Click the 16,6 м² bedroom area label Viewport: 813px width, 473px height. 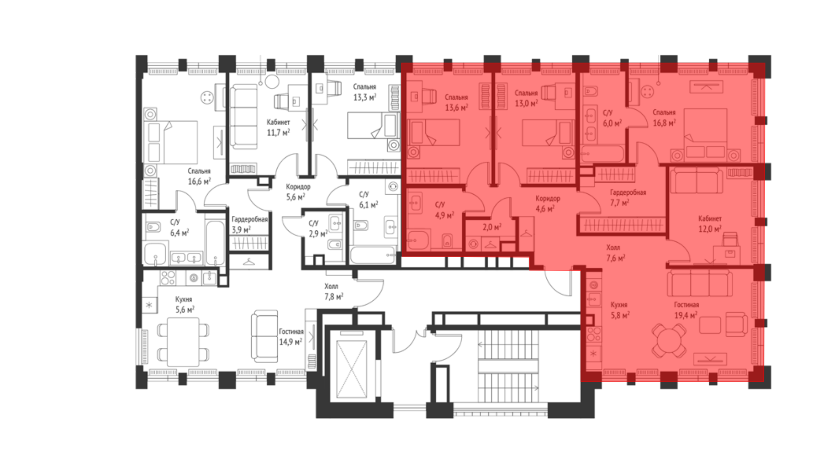(x=199, y=181)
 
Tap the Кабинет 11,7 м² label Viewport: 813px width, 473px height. (x=278, y=127)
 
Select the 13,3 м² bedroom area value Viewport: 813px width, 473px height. (x=365, y=97)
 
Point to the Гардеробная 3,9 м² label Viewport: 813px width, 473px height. (x=250, y=224)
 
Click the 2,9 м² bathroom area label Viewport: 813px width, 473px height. (x=318, y=234)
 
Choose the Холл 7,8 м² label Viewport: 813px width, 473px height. (x=334, y=291)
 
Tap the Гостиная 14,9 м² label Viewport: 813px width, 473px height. (x=291, y=336)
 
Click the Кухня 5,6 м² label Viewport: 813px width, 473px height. (x=185, y=304)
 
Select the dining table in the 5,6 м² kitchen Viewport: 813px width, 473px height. (x=183, y=342)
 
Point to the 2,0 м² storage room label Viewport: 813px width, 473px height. (x=492, y=227)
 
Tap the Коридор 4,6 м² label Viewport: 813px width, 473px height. (x=547, y=204)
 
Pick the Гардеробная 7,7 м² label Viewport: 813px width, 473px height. (x=628, y=197)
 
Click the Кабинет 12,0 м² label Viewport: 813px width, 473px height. (x=710, y=224)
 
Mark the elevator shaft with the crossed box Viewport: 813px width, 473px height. (x=352, y=369)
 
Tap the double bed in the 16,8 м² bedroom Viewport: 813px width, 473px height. (x=705, y=134)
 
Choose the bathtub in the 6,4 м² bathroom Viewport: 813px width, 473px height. (x=215, y=243)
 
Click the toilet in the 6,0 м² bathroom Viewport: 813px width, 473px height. (x=591, y=91)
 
